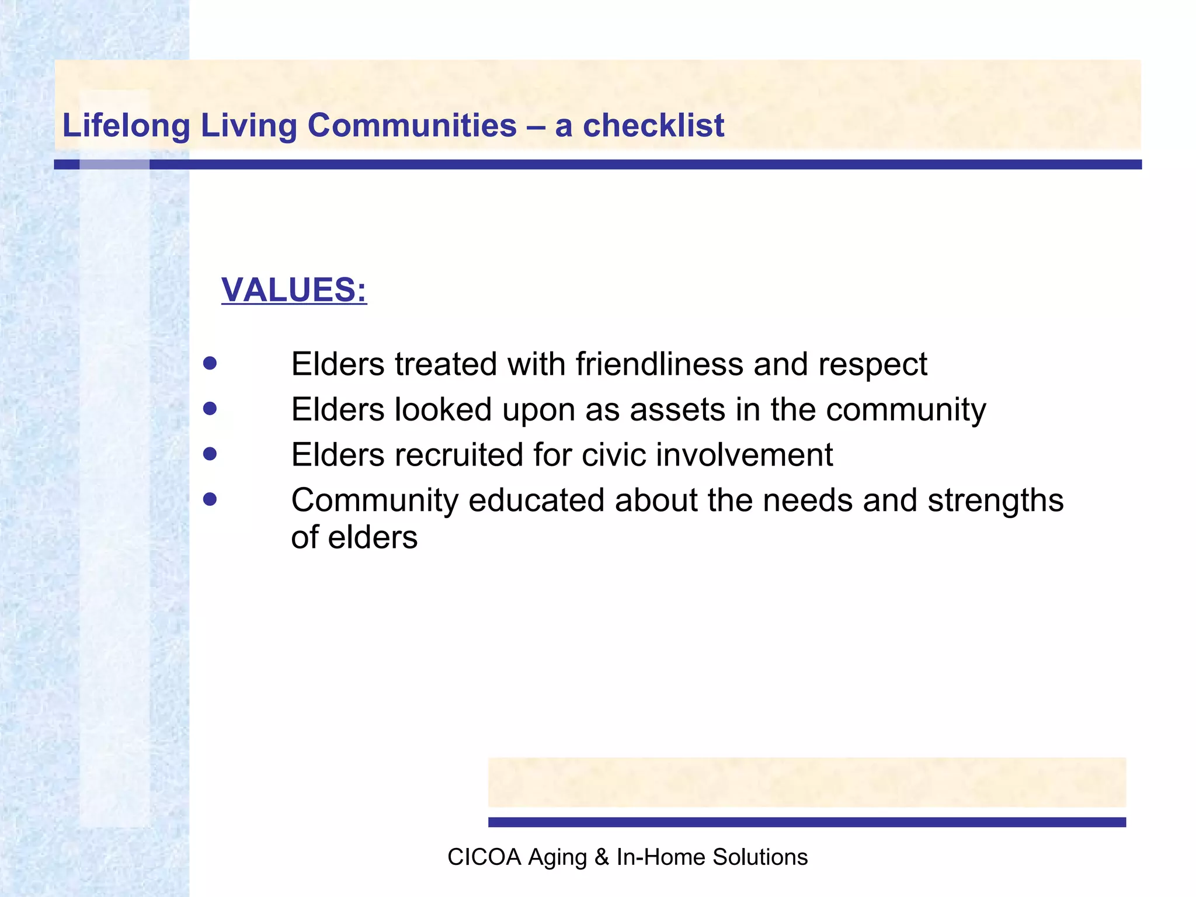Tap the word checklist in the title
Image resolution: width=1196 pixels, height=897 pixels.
pos(653,126)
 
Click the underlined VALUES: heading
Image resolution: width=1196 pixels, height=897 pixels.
pos(294,290)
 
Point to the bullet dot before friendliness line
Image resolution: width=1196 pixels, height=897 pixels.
pos(210,364)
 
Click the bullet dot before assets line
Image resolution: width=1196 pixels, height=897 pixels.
pos(210,408)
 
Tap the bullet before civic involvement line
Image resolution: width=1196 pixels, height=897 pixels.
pos(210,454)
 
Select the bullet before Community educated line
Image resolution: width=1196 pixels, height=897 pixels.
pos(210,499)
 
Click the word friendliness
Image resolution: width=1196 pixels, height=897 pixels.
pos(659,364)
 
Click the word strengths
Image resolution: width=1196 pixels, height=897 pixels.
pos(996,501)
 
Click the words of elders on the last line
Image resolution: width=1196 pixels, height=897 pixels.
pos(354,537)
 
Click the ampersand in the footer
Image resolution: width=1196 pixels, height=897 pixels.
pos(601,857)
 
